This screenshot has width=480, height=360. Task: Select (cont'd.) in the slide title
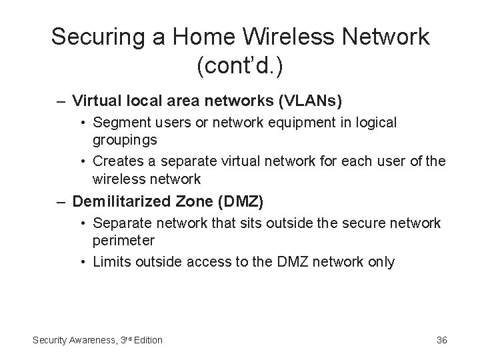240,66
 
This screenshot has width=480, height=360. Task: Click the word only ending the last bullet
381,262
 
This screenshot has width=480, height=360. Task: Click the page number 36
441,340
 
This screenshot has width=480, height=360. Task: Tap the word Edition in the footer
147,340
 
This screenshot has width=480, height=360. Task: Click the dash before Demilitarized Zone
60,201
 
